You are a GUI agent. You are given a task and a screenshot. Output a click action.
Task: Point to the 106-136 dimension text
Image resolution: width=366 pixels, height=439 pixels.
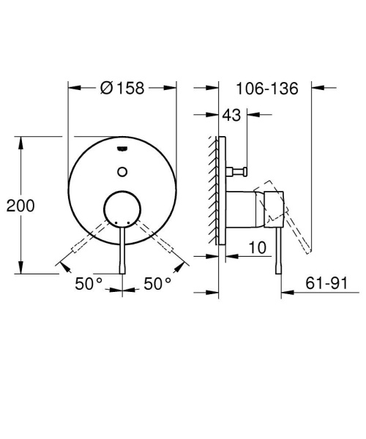click(268, 89)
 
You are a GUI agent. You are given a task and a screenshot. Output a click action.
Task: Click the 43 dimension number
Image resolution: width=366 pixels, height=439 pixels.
click(234, 115)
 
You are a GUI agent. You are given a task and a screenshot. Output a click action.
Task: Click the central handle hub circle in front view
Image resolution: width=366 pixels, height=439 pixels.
click(122, 209)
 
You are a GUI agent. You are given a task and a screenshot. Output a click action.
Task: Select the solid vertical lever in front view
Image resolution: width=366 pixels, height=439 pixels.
click(122, 249)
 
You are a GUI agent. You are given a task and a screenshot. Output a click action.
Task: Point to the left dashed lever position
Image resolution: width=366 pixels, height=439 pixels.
click(82, 244)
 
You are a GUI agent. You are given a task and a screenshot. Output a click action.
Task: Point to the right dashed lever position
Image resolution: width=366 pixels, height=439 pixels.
click(163, 244)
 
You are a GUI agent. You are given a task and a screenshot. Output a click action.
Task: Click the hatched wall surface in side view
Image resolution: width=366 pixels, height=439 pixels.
click(212, 190)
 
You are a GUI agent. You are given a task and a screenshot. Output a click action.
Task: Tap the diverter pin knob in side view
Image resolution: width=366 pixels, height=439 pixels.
click(238, 172)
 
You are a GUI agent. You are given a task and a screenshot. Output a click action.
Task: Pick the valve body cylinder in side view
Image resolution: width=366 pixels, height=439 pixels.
click(245, 209)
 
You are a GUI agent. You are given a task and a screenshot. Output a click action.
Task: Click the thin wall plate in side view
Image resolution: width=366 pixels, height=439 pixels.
click(220, 190)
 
